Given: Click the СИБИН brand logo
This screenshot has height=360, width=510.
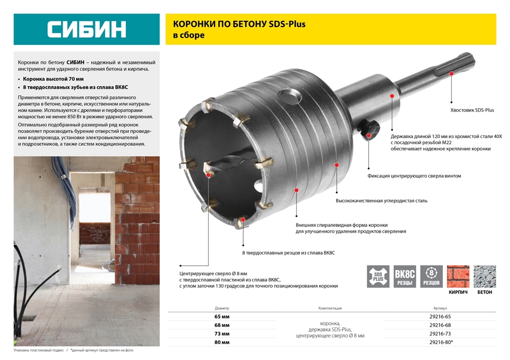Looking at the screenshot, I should tap(86, 29).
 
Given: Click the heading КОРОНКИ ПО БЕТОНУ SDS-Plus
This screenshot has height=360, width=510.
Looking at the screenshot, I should tap(239, 24).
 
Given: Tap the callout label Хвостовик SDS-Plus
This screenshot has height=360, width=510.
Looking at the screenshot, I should tap(472, 110).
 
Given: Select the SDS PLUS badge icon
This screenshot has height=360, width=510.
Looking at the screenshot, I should tap(378, 276).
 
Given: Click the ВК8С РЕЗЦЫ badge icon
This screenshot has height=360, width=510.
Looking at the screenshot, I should tap(405, 276).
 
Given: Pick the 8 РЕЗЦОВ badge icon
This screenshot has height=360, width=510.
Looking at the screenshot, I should tap(431, 276).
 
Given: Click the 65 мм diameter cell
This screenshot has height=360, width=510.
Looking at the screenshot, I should tap(222, 316).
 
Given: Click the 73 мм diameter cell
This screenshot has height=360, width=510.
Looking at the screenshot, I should tap(222, 333).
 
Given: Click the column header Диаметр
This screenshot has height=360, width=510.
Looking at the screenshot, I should tap(222, 308).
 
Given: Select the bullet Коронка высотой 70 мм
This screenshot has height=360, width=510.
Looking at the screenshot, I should tap(54, 80).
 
